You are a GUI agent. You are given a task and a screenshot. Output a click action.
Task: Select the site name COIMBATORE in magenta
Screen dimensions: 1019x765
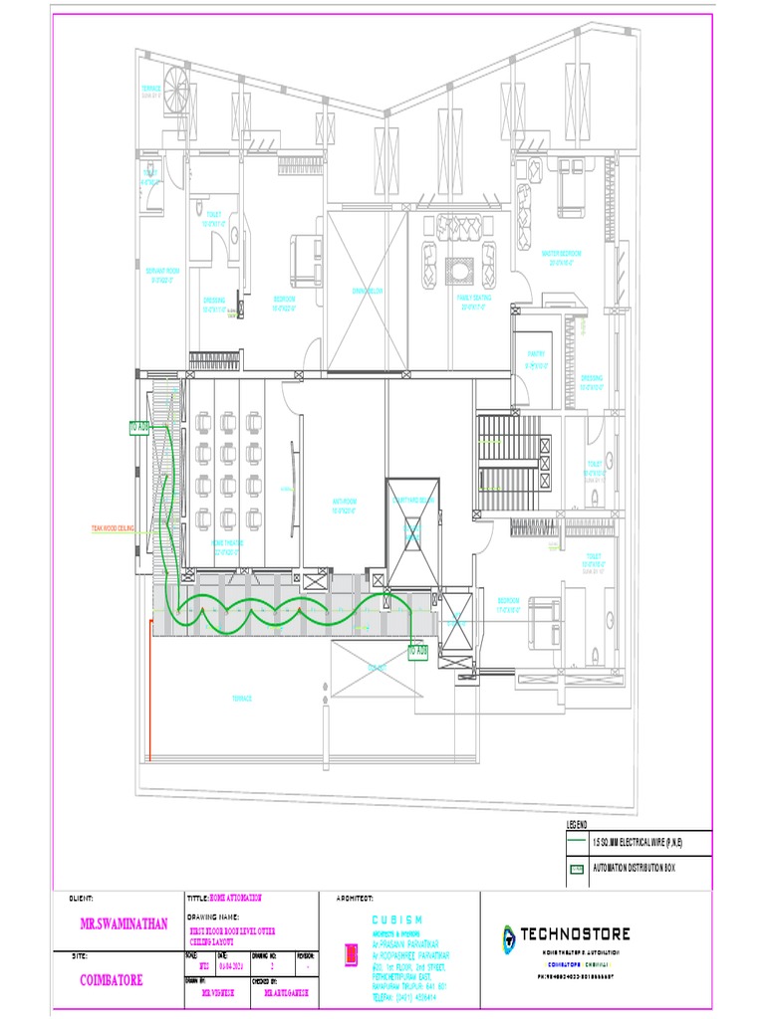111,980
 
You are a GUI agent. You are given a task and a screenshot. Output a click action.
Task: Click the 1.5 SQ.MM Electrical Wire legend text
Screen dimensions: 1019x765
637,843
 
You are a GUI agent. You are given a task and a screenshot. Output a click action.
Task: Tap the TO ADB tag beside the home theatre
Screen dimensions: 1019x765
138,427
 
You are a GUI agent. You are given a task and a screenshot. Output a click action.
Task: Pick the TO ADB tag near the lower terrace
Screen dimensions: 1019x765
417,651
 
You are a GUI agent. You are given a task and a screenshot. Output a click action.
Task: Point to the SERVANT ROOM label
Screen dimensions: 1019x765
162,275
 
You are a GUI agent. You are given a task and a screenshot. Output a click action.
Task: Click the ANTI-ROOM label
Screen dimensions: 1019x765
345,505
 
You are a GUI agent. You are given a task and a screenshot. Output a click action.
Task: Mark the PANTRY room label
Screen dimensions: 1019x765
536,363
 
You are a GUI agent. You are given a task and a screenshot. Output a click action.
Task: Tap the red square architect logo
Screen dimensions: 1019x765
351,956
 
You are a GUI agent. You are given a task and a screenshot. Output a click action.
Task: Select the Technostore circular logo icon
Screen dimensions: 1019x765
509,936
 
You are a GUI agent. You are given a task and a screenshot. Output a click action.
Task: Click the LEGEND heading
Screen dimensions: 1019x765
578,825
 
